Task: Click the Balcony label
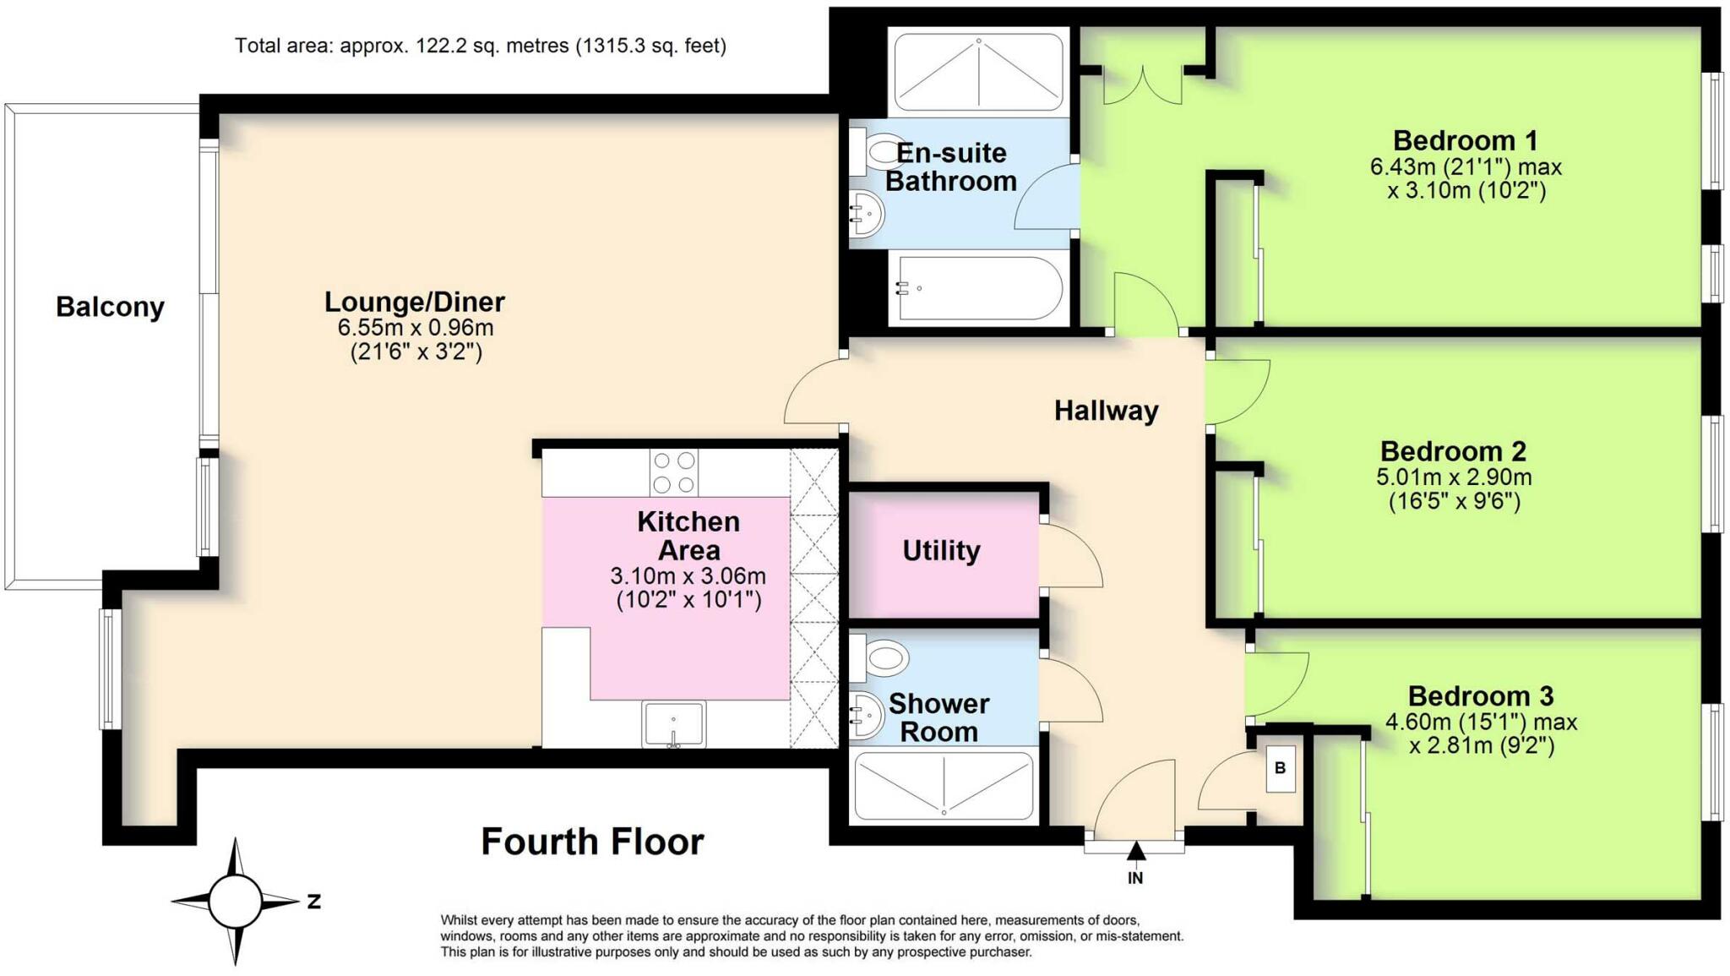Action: [110, 307]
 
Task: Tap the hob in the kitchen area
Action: [674, 472]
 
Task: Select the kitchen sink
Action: [673, 724]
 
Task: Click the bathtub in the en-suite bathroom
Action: [978, 288]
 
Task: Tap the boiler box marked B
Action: [1280, 768]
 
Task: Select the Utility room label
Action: [941, 551]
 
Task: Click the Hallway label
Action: [1106, 412]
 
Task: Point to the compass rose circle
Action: [235, 901]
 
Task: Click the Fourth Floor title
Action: [592, 842]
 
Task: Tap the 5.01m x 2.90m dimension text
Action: [1454, 477]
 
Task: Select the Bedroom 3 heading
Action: [1480, 696]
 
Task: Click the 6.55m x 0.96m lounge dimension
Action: [415, 328]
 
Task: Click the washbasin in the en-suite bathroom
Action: [865, 213]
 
